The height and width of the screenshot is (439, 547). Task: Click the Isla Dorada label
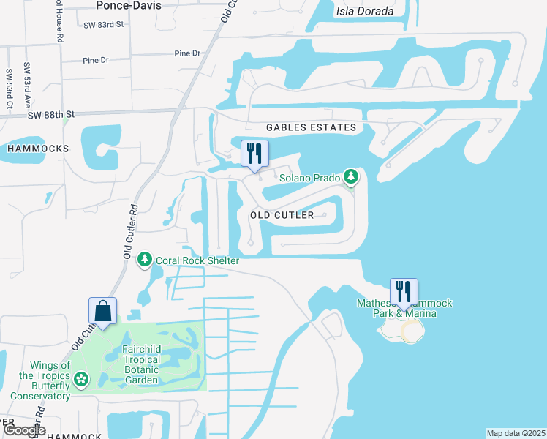tap(364, 11)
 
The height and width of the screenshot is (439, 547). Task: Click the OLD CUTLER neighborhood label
tap(282, 215)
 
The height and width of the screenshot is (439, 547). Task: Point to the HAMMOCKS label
tap(37, 149)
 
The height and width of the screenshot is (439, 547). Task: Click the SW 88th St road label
tap(52, 115)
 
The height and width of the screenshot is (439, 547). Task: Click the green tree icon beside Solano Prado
tap(352, 177)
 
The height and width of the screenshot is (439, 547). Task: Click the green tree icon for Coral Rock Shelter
tap(145, 259)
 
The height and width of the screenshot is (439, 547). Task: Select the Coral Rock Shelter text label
tap(197, 260)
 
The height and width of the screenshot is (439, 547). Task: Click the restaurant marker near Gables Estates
tap(254, 154)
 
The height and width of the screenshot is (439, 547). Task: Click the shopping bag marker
tap(103, 311)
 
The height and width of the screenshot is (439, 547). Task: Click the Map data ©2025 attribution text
tap(516, 433)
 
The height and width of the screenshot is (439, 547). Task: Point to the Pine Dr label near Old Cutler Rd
tap(187, 53)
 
